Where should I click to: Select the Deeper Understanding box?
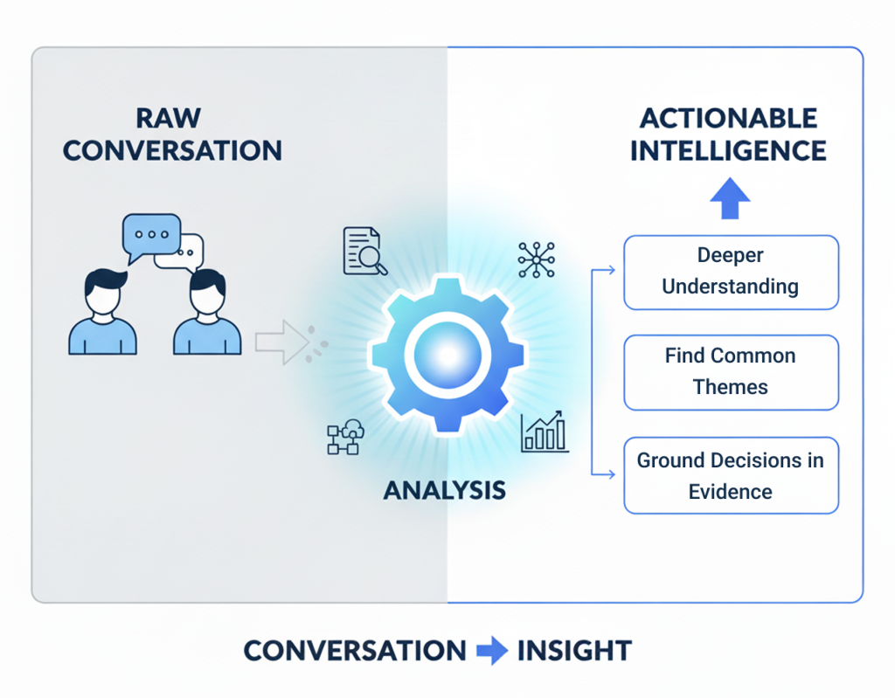pyautogui.click(x=731, y=272)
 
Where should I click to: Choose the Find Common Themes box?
pyautogui.click(x=731, y=371)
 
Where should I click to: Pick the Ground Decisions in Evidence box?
pyautogui.click(x=731, y=475)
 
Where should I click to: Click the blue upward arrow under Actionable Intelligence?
pyautogui.click(x=730, y=200)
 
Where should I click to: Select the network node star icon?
pyautogui.click(x=536, y=259)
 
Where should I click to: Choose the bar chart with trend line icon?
pyautogui.click(x=544, y=433)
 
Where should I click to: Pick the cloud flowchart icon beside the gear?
pyautogui.click(x=345, y=437)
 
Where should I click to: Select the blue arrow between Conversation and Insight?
pyautogui.click(x=491, y=651)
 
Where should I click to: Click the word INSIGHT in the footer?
pyautogui.click(x=573, y=651)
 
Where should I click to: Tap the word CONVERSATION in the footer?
pyautogui.click(x=354, y=651)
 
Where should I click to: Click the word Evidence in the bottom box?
pyautogui.click(x=731, y=491)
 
